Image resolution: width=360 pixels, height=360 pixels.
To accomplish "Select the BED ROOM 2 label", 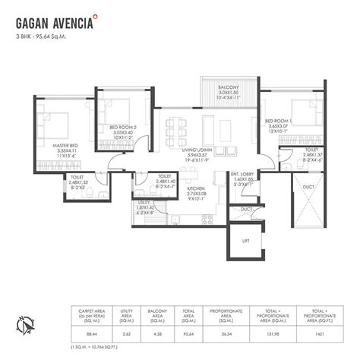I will pyautogui.click(x=122, y=127).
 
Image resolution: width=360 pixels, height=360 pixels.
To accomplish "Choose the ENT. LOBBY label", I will pyautogui.click(x=244, y=175).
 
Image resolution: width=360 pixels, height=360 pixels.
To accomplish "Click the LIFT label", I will pyautogui.click(x=246, y=241).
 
